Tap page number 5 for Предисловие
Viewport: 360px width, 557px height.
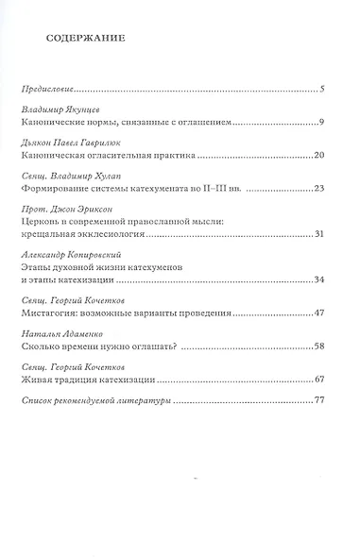click(322, 91)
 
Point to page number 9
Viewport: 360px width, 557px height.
click(322, 123)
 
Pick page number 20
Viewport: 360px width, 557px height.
click(319, 155)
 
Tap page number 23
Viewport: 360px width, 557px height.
click(319, 188)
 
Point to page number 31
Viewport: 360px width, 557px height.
click(319, 233)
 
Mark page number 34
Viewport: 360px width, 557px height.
click(319, 278)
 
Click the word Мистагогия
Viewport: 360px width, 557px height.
click(52, 312)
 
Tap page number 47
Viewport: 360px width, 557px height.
click(319, 312)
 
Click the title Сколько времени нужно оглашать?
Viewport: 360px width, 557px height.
click(93, 345)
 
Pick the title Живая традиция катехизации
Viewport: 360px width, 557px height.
click(88, 378)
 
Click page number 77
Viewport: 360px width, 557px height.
click(319, 401)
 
